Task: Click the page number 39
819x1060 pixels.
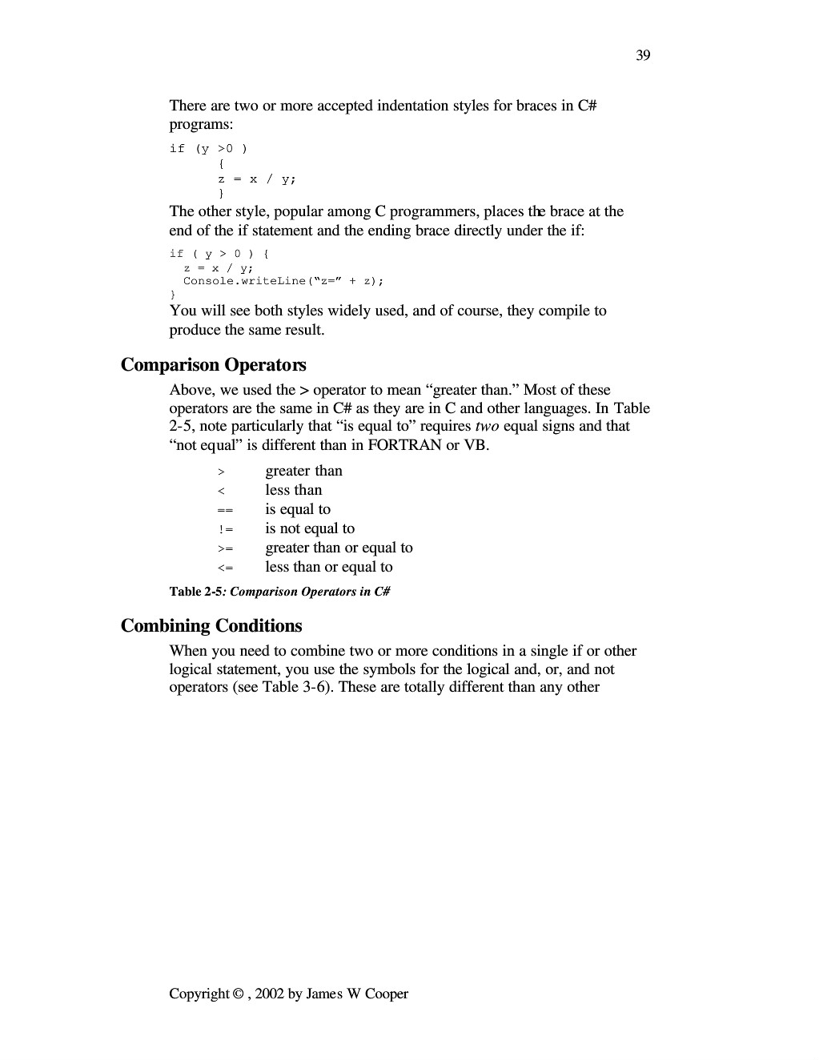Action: coord(643,55)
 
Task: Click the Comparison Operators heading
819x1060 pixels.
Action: coord(213,365)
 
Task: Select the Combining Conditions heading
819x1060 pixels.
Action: coord(211,626)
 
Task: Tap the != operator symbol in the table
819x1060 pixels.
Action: coord(225,529)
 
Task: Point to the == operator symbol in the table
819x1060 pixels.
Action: coord(224,510)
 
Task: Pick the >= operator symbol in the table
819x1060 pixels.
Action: coord(225,548)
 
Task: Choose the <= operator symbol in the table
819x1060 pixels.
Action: coord(225,568)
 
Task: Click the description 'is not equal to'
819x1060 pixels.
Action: coord(310,528)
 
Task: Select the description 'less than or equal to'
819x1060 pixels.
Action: coord(329,567)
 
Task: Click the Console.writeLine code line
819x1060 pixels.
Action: coord(283,281)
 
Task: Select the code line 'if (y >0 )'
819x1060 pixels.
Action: coord(208,149)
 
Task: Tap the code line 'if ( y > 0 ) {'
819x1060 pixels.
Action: coord(219,254)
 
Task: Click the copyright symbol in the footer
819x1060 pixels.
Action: coord(239,994)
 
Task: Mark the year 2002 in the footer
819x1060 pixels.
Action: coord(270,994)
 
